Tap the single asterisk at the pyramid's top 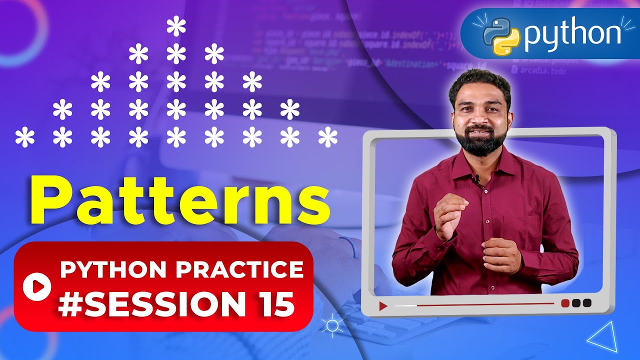tap(176, 27)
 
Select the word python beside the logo tap(572, 34)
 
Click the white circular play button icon tap(37, 286)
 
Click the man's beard tap(481, 143)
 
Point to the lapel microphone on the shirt tap(476, 177)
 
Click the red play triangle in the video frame tap(383, 306)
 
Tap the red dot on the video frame tap(565, 303)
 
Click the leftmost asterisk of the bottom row tap(24, 137)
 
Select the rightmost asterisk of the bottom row tap(327, 137)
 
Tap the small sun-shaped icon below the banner tap(331, 326)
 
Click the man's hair tap(480, 82)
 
